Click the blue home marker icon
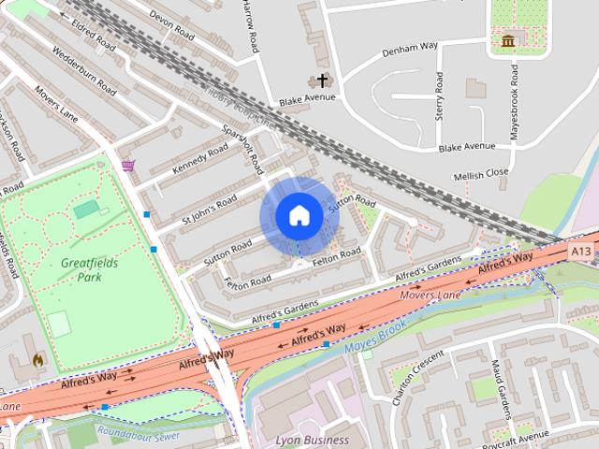(x=299, y=216)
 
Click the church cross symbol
(x=323, y=80)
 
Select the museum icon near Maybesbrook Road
(x=508, y=41)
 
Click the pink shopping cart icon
(x=128, y=166)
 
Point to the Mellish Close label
(x=480, y=173)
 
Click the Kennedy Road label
(x=200, y=159)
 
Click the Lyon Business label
(x=313, y=439)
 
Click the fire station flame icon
(x=38, y=358)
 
